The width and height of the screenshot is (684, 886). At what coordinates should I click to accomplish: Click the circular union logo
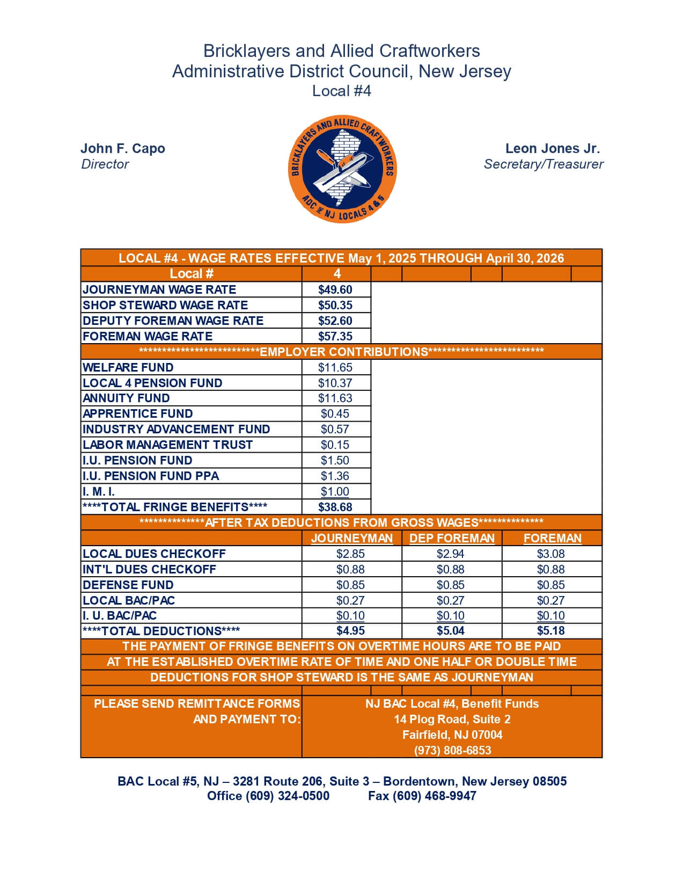pos(342,169)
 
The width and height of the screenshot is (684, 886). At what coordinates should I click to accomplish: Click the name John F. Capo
pos(123,149)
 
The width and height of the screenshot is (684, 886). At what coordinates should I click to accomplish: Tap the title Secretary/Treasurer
pos(543,164)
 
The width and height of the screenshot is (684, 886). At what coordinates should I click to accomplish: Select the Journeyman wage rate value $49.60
pos(335,290)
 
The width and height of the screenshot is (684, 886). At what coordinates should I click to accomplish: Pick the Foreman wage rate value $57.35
pos(335,337)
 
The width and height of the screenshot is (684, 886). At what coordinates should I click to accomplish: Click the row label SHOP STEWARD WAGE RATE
pos(165,306)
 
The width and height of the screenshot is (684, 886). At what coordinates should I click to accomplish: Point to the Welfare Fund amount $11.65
pos(335,368)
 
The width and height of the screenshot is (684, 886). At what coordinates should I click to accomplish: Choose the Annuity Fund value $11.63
pos(335,398)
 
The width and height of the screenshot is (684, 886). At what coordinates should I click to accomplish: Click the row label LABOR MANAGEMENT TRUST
pos(167,445)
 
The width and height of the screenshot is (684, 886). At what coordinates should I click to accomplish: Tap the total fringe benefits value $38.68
pos(335,507)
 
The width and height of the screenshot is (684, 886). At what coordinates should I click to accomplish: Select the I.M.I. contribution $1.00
pos(335,492)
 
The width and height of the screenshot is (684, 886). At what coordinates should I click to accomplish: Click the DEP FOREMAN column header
pos(452,539)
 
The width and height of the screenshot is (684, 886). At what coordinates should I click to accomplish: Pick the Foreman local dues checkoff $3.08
pos(551,554)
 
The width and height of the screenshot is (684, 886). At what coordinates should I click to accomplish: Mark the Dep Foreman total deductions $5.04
pos(451,631)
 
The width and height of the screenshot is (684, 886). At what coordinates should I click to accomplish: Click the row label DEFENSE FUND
pos(128,585)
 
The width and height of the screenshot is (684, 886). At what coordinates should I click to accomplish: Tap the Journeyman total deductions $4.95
pos(350,631)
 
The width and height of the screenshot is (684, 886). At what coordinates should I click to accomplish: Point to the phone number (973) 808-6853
pos(452,751)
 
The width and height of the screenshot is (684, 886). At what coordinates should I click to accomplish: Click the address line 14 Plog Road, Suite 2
pos(452,720)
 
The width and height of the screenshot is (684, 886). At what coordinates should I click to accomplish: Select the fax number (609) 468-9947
pos(422,796)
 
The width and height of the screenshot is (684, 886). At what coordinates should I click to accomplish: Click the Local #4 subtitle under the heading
pos(342,91)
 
